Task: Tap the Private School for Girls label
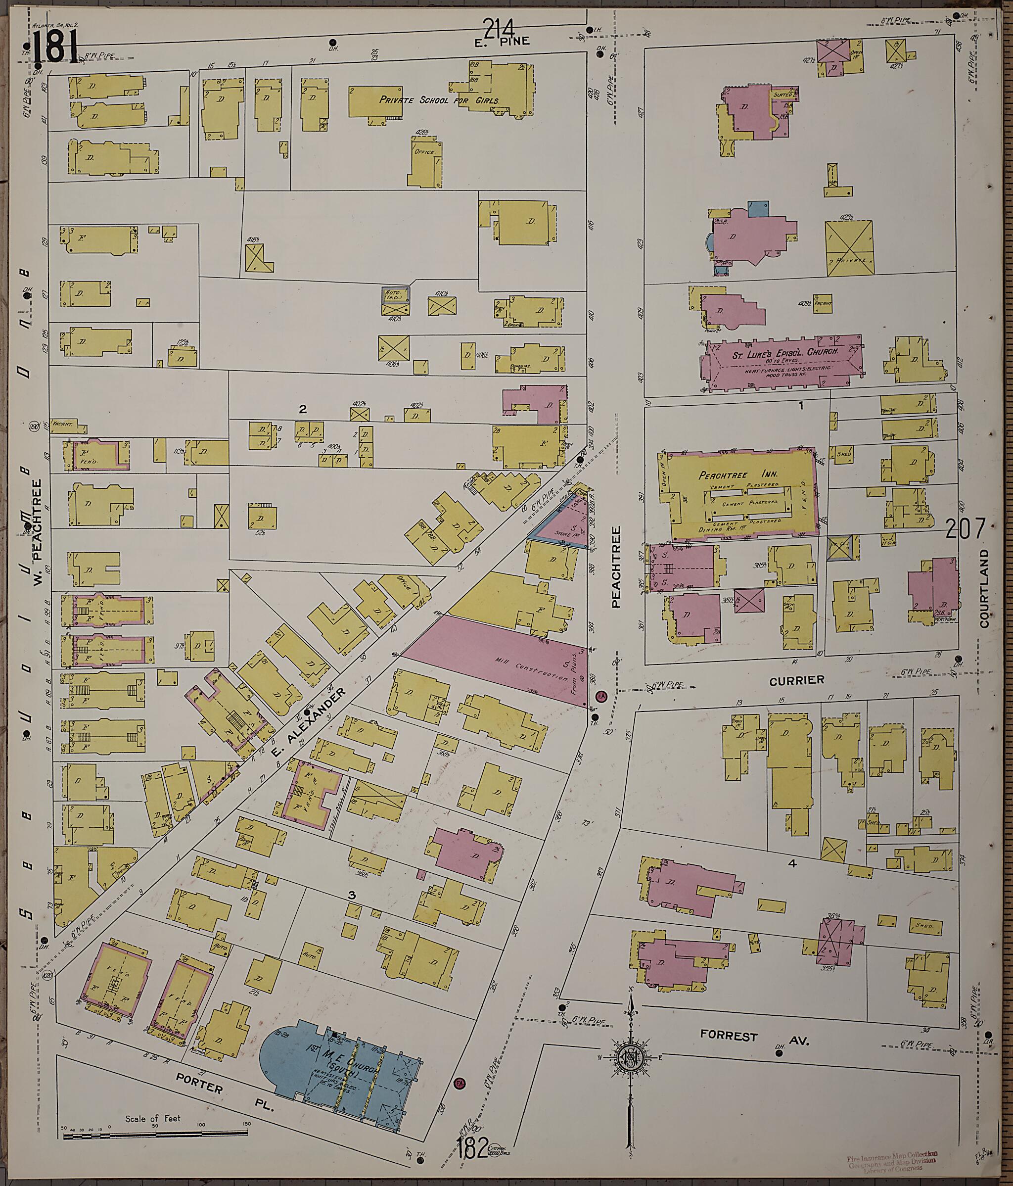tap(439, 100)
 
